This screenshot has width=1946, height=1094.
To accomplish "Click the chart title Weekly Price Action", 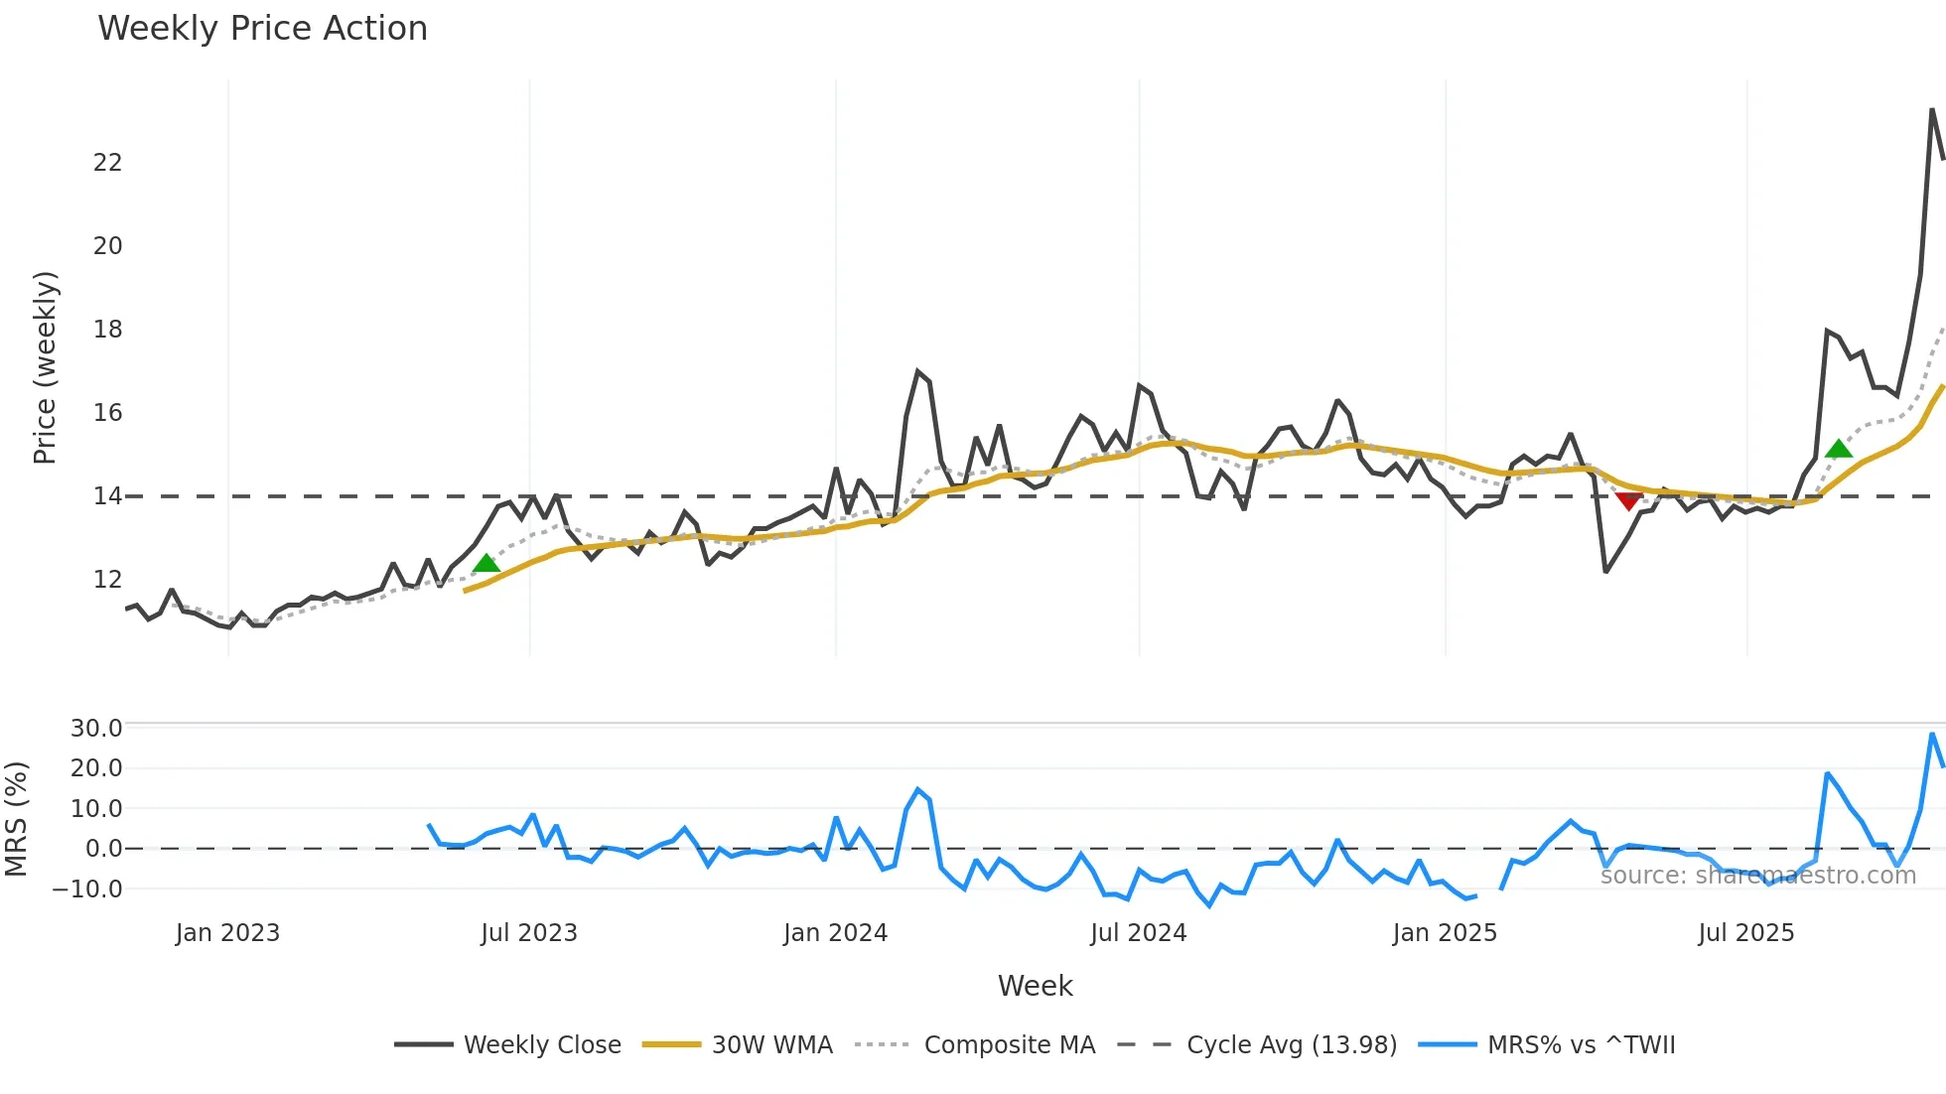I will [262, 29].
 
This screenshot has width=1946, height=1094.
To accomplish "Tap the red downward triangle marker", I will [1628, 501].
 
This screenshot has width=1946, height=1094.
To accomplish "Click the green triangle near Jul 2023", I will [486, 563].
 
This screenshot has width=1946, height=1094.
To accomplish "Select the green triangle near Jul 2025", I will [1838, 449].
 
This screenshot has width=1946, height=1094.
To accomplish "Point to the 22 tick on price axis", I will [107, 162].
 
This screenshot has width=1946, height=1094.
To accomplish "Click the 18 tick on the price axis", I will [107, 329].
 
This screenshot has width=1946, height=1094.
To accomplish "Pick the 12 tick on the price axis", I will [107, 579].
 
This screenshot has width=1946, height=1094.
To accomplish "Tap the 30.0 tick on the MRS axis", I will [95, 728].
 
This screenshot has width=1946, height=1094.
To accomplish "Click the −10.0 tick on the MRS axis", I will [87, 889].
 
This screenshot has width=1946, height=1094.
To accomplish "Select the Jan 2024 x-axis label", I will [835, 933].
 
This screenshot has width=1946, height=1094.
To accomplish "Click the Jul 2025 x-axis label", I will [1745, 933].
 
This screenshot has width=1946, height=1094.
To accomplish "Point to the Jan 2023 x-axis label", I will [227, 933].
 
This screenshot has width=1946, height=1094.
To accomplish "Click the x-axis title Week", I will [1035, 986].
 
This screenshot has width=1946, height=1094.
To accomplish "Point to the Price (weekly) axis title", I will [46, 367].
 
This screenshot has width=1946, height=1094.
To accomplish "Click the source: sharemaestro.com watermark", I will [1757, 875].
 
